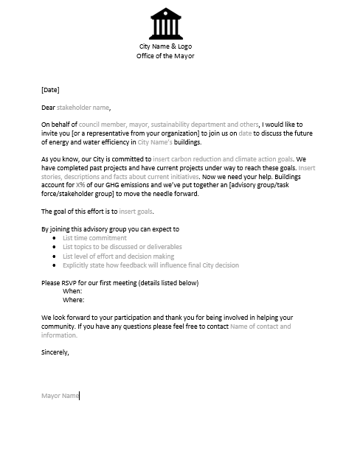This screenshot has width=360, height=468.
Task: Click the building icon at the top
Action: click(x=165, y=24)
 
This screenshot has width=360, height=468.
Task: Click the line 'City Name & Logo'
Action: click(x=165, y=47)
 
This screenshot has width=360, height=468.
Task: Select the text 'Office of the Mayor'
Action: click(x=165, y=56)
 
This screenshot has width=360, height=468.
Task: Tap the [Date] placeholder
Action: click(x=50, y=90)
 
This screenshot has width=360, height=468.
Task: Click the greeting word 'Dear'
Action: click(x=48, y=108)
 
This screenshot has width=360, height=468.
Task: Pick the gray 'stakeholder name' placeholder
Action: click(x=83, y=108)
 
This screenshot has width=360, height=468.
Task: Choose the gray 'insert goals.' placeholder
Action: click(x=136, y=212)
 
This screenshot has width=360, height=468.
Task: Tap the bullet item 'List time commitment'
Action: click(x=94, y=238)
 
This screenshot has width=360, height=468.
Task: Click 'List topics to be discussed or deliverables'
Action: click(x=122, y=247)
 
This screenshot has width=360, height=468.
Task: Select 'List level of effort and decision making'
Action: click(x=118, y=256)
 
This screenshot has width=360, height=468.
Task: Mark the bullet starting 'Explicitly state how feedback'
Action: click(x=150, y=265)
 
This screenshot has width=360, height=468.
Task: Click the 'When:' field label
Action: click(x=72, y=291)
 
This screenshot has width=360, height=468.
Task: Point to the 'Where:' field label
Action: click(x=73, y=300)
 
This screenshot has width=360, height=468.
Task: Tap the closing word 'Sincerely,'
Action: click(x=55, y=352)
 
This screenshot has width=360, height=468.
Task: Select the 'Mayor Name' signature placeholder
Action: click(x=60, y=396)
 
